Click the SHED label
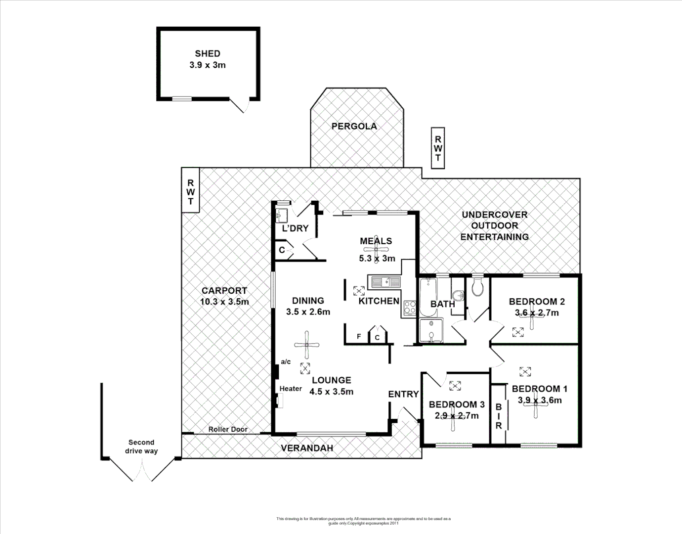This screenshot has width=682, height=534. pyautogui.click(x=208, y=53)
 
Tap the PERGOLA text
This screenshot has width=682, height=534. pyautogui.click(x=354, y=126)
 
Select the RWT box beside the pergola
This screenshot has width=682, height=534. pyautogui.click(x=438, y=145)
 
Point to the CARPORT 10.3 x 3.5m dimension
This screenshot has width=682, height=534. pyautogui.click(x=224, y=302)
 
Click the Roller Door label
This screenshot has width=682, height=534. pyautogui.click(x=228, y=429)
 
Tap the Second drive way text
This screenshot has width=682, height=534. pyautogui.click(x=141, y=446)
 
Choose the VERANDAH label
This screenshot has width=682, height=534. pyautogui.click(x=307, y=448)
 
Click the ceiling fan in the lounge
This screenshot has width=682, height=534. pyautogui.click(x=307, y=345)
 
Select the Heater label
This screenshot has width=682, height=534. pyautogui.click(x=291, y=389)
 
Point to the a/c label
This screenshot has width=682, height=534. pyautogui.click(x=286, y=361)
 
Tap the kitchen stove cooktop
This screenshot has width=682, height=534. pyautogui.click(x=410, y=308)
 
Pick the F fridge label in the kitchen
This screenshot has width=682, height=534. pyautogui.click(x=359, y=337)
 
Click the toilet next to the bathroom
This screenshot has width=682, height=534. pyautogui.click(x=477, y=287)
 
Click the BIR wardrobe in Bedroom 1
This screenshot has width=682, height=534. pyautogui.click(x=499, y=415)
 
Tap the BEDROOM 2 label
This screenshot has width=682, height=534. pyautogui.click(x=537, y=302)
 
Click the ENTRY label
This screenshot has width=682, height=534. pyautogui.click(x=403, y=394)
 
